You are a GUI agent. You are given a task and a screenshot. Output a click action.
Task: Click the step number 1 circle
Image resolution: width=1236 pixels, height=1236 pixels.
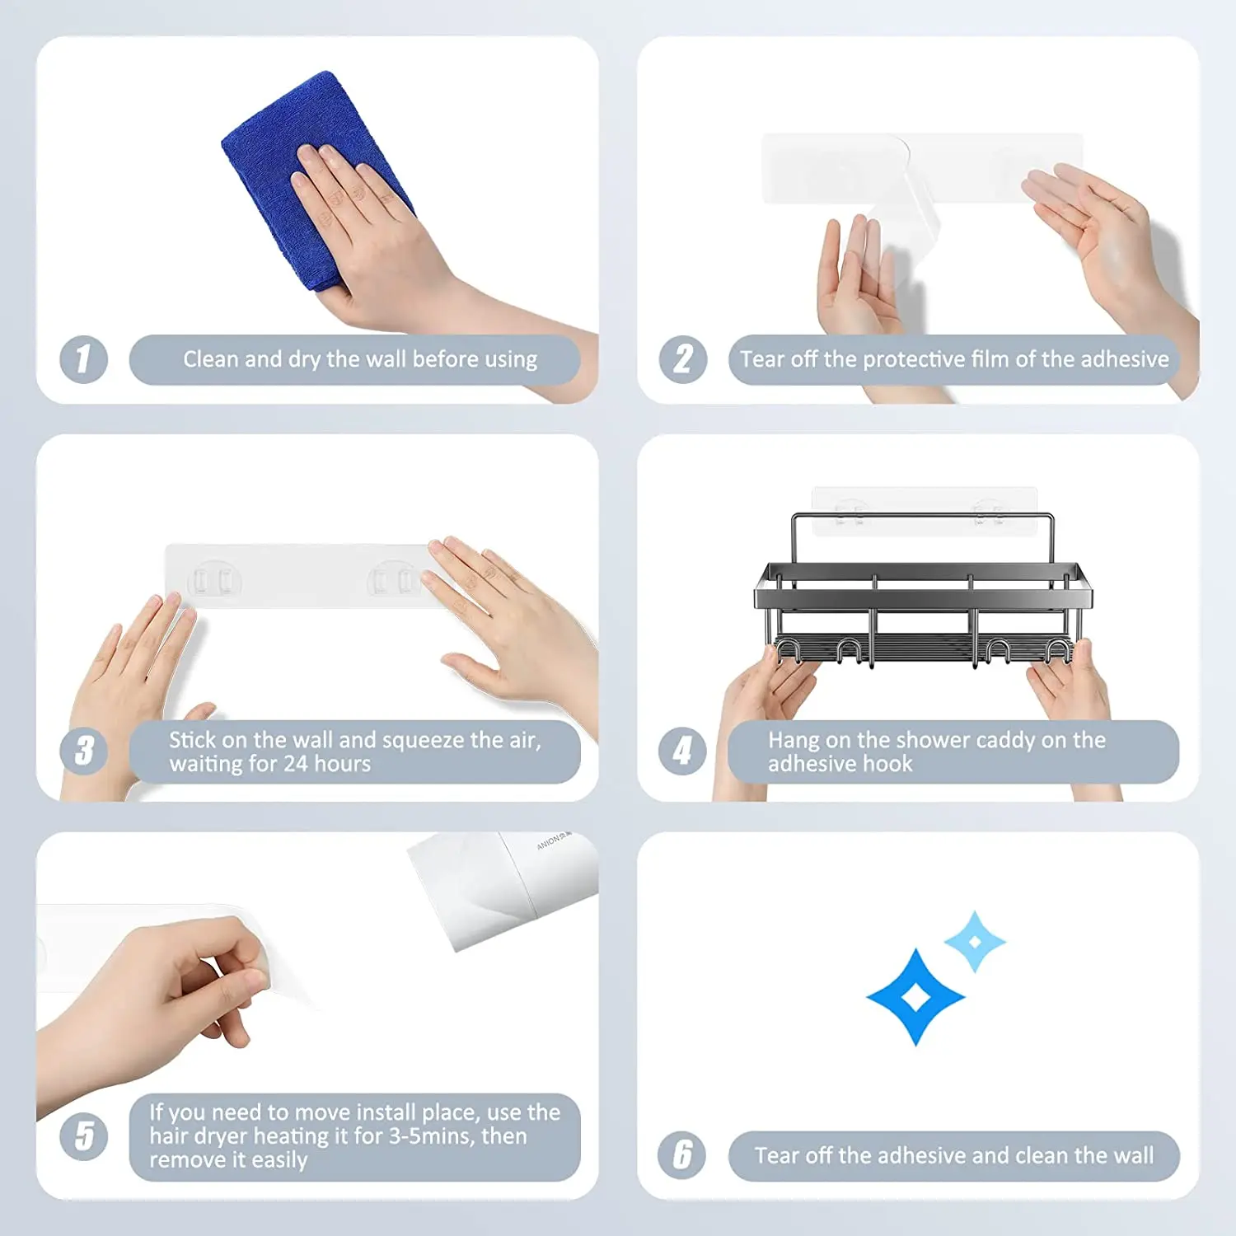(x=83, y=359)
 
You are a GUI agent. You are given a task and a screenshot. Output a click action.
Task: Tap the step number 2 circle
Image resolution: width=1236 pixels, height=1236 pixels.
(x=683, y=359)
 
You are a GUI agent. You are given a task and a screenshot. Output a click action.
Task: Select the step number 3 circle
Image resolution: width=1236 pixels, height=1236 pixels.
(x=83, y=751)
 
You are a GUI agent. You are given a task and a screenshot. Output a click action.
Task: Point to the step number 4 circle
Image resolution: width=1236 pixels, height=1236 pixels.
(x=682, y=751)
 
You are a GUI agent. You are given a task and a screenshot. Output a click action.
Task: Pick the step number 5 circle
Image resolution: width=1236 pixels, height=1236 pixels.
(x=83, y=1136)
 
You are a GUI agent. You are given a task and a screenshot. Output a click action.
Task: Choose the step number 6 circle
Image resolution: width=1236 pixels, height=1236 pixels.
(x=682, y=1154)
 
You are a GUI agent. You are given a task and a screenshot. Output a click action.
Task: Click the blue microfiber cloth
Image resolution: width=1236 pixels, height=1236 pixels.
(x=317, y=177)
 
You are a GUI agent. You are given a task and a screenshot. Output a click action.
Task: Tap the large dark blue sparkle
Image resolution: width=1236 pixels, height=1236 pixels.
(x=915, y=997)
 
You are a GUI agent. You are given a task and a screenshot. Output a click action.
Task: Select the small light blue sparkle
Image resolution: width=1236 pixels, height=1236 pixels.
(x=975, y=941)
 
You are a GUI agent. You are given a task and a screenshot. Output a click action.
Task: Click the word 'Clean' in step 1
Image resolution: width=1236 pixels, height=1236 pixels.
(x=210, y=359)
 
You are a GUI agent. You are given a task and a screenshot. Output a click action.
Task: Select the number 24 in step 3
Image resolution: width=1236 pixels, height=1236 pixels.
(x=295, y=764)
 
